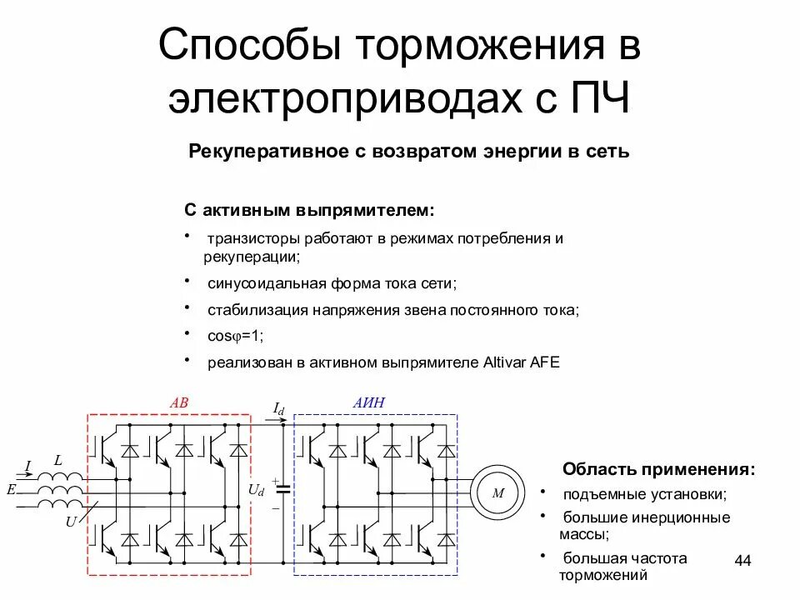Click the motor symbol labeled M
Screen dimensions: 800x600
pos(498,492)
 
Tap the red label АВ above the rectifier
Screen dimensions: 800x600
pos(179,403)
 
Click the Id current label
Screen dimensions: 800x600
pos(278,408)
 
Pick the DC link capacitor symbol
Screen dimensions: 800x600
pos(283,490)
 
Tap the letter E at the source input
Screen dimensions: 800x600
pos(11,490)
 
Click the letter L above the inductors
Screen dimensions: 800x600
pos(57,460)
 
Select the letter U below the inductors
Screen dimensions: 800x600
pos(70,521)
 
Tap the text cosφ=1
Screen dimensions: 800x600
pos(235,336)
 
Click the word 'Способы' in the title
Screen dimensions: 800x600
pos(251,47)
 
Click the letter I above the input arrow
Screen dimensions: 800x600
pos(27,466)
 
